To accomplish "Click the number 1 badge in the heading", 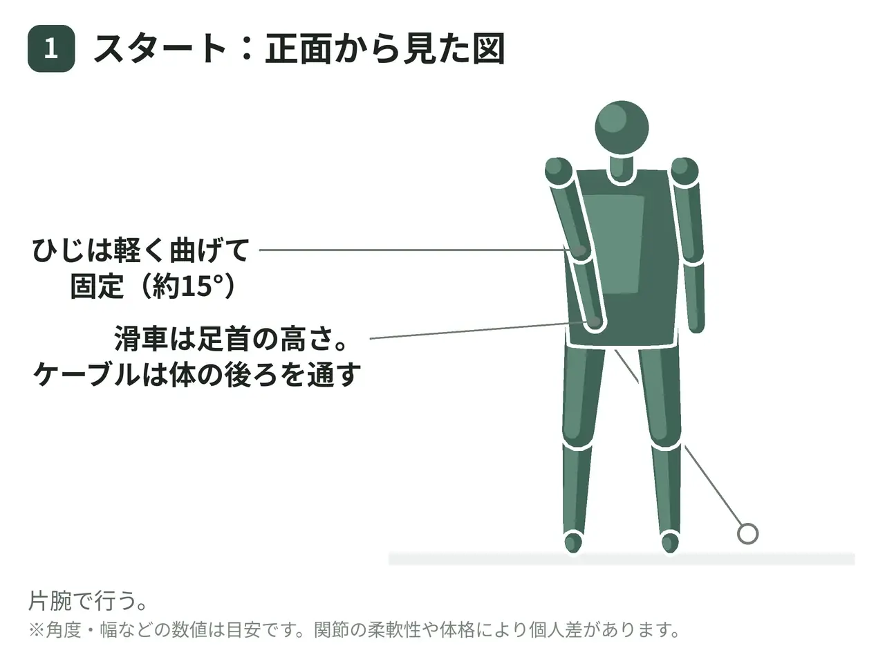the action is pos(51,49).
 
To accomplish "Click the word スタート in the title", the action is pos(159,49).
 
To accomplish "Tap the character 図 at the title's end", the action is pos(488,49).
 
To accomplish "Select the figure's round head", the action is pos(622,127).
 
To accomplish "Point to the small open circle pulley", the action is pos(747,534).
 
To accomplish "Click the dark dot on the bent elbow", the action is pos(580,250).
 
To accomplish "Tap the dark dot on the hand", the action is pos(595,322).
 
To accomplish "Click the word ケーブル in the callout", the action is pos(86,374).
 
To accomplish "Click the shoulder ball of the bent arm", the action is pos(559,171).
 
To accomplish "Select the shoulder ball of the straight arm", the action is pos(684,171).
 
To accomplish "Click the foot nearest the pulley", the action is pos(670,542).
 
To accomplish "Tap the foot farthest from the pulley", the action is pos(573,542).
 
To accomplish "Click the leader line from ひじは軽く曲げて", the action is pos(416,250).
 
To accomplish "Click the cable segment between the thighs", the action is pos(626,367).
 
